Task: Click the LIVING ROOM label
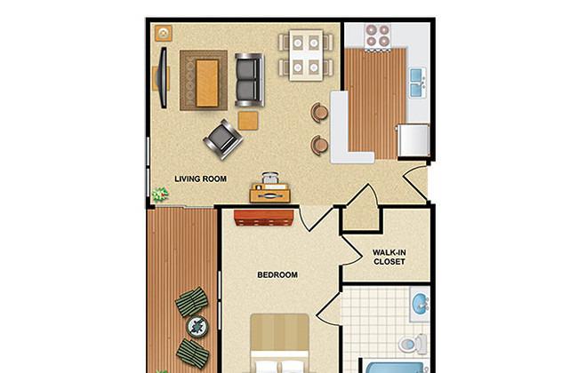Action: coord(201,179)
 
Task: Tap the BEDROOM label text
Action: coord(277,274)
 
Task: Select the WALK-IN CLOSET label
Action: coord(389,257)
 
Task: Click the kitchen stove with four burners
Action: coord(377,36)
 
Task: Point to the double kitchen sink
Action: coord(418,83)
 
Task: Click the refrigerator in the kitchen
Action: coord(413,140)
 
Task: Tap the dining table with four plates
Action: coord(306,55)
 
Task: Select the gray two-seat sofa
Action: coord(250,80)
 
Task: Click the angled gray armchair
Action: coord(222,139)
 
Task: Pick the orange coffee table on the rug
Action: coord(207,83)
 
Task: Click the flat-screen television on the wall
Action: coord(163,77)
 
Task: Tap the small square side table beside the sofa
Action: coord(248,121)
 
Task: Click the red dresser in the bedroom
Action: coord(264,218)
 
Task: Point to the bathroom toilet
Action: coord(413,345)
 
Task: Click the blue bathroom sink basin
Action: coord(420,304)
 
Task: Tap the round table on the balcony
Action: coord(197,327)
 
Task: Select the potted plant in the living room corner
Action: coord(160,194)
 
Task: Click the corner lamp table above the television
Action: coord(164,33)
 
